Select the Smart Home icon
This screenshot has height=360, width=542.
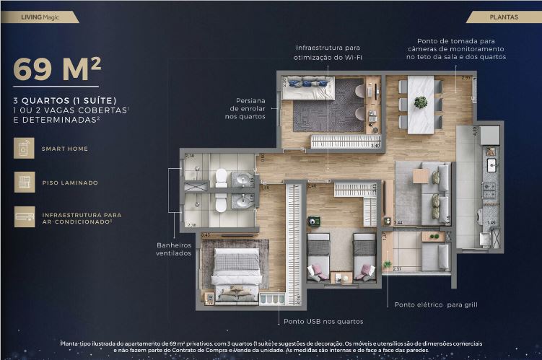[x=24, y=149]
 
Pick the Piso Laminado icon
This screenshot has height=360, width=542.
[x=24, y=183]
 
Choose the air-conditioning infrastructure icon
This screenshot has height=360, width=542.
[x=24, y=216]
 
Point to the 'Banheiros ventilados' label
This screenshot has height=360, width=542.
[x=173, y=249]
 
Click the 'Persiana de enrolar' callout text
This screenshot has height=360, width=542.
[x=248, y=108]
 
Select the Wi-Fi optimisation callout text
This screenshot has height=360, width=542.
[x=327, y=52]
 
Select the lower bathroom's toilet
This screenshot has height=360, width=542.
[x=221, y=204]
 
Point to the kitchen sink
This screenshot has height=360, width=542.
[x=491, y=167]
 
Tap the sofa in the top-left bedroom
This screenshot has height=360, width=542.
[x=307, y=91]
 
